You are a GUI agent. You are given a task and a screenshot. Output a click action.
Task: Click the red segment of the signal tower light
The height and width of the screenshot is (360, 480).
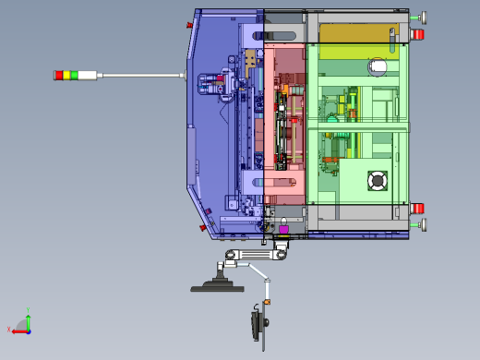click(58, 74)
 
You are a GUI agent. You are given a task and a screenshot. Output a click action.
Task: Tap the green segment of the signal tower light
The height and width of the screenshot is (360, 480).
click(73, 74)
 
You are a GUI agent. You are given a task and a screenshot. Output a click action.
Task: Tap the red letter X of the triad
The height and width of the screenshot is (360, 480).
click(10, 330)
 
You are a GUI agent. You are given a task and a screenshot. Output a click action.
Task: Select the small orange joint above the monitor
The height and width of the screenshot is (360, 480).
click(265, 301)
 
